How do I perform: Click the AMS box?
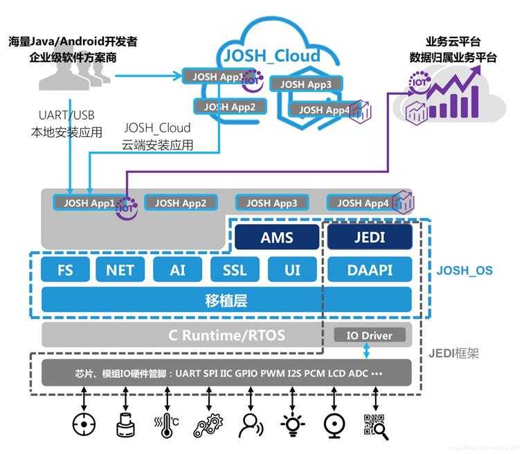point(277,237)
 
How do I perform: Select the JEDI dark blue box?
point(369,237)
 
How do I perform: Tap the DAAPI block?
point(369,269)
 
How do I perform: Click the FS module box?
point(65,269)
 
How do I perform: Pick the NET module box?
point(120,269)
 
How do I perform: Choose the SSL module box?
point(235,269)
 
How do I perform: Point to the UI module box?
point(292,269)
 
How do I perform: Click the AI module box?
point(178,269)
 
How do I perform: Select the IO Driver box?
point(368,336)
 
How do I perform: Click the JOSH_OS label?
point(464,270)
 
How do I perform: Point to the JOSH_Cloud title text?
point(270,56)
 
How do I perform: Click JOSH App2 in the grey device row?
point(181,203)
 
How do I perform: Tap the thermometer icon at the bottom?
point(167,424)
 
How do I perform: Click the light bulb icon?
point(291,424)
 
